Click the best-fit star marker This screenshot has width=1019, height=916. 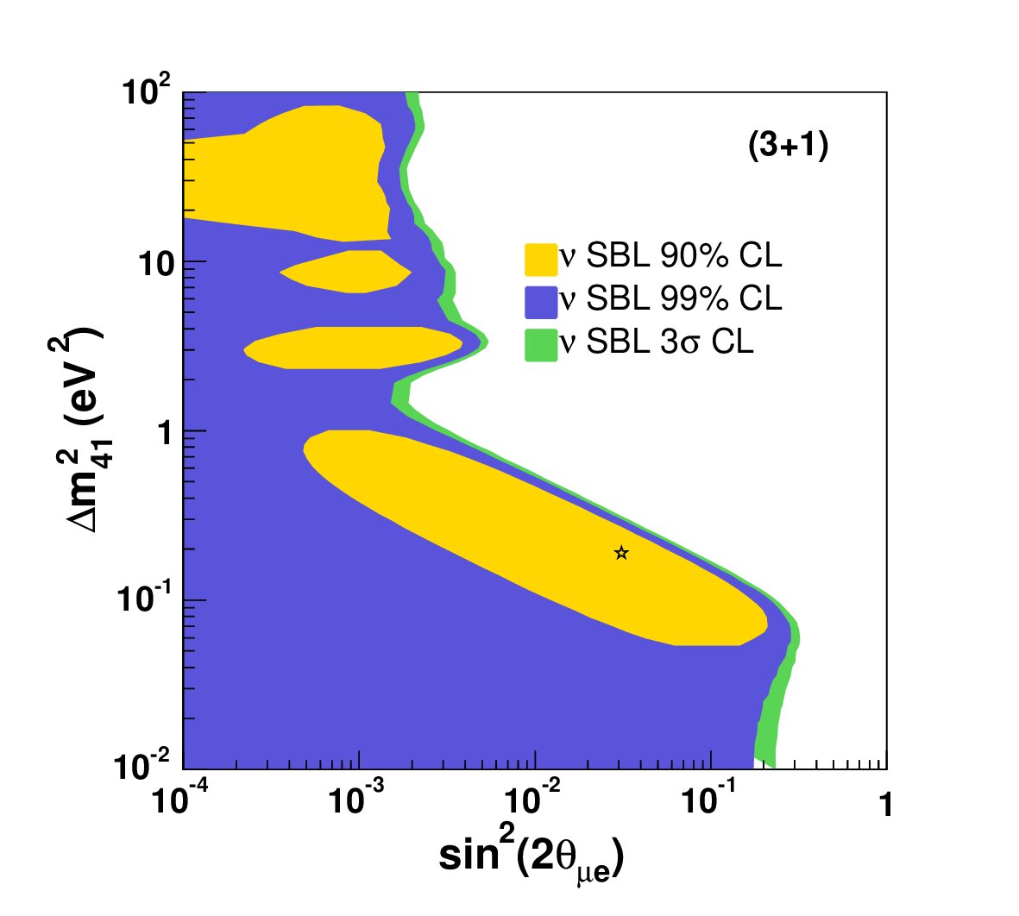pyautogui.click(x=621, y=553)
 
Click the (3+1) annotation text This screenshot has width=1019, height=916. pyautogui.click(x=789, y=145)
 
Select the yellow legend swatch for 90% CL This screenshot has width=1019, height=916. pyautogui.click(x=541, y=260)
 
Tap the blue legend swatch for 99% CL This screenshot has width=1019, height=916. pyautogui.click(x=541, y=302)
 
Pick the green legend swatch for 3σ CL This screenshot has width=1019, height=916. pyautogui.click(x=541, y=345)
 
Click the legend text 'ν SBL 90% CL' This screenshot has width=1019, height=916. pyautogui.click(x=670, y=256)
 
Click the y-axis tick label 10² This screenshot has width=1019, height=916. pyautogui.click(x=146, y=90)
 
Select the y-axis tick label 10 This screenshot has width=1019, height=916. pyautogui.click(x=156, y=265)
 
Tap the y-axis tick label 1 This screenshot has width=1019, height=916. pyautogui.click(x=165, y=433)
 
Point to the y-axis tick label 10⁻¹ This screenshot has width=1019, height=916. pyautogui.click(x=143, y=599)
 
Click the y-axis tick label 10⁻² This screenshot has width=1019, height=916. pyautogui.click(x=142, y=766)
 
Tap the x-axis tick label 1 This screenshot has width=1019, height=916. pyautogui.click(x=885, y=805)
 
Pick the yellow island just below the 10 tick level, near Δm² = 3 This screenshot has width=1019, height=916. pyautogui.click(x=354, y=348)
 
